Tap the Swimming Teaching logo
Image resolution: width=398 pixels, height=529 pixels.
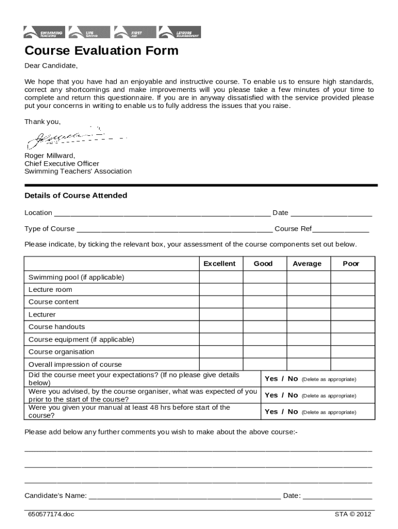pyautogui.click(x=45, y=32)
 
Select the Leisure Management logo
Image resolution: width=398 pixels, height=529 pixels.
pyautogui.click(x=180, y=32)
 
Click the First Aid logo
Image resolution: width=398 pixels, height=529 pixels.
pyautogui.click(x=135, y=32)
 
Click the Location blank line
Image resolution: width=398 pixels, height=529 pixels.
pyautogui.click(x=162, y=213)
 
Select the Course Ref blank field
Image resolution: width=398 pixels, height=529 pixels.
pyautogui.click(x=341, y=229)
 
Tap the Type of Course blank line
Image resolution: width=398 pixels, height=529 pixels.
pyautogui.click(x=174, y=229)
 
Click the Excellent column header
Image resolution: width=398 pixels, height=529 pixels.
pyautogui.click(x=219, y=263)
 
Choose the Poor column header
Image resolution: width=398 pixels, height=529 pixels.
pyautogui.click(x=351, y=263)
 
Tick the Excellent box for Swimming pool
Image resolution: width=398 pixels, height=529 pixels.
pyautogui.click(x=221, y=277)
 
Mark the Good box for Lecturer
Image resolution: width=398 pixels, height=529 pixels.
pyautogui.click(x=264, y=315)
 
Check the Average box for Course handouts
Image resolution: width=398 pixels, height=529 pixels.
pyautogui.click(x=308, y=327)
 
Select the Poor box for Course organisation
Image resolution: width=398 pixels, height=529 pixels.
pyautogui.click(x=352, y=352)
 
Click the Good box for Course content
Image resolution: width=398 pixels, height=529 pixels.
pyautogui.click(x=264, y=302)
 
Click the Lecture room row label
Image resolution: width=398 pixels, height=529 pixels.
pyautogui.click(x=51, y=290)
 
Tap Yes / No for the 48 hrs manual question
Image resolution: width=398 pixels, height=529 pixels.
pyautogui.click(x=281, y=412)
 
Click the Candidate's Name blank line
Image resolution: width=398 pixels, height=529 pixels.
pyautogui.click(x=185, y=496)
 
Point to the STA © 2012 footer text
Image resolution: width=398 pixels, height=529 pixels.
pyautogui.click(x=353, y=514)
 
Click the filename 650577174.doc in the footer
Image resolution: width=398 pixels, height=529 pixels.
pyautogui.click(x=52, y=515)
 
